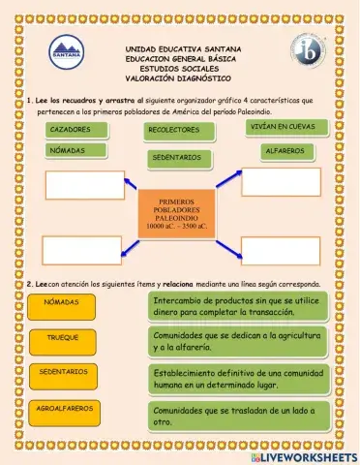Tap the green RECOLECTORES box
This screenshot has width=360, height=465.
175,130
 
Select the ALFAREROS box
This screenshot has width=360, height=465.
284,152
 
